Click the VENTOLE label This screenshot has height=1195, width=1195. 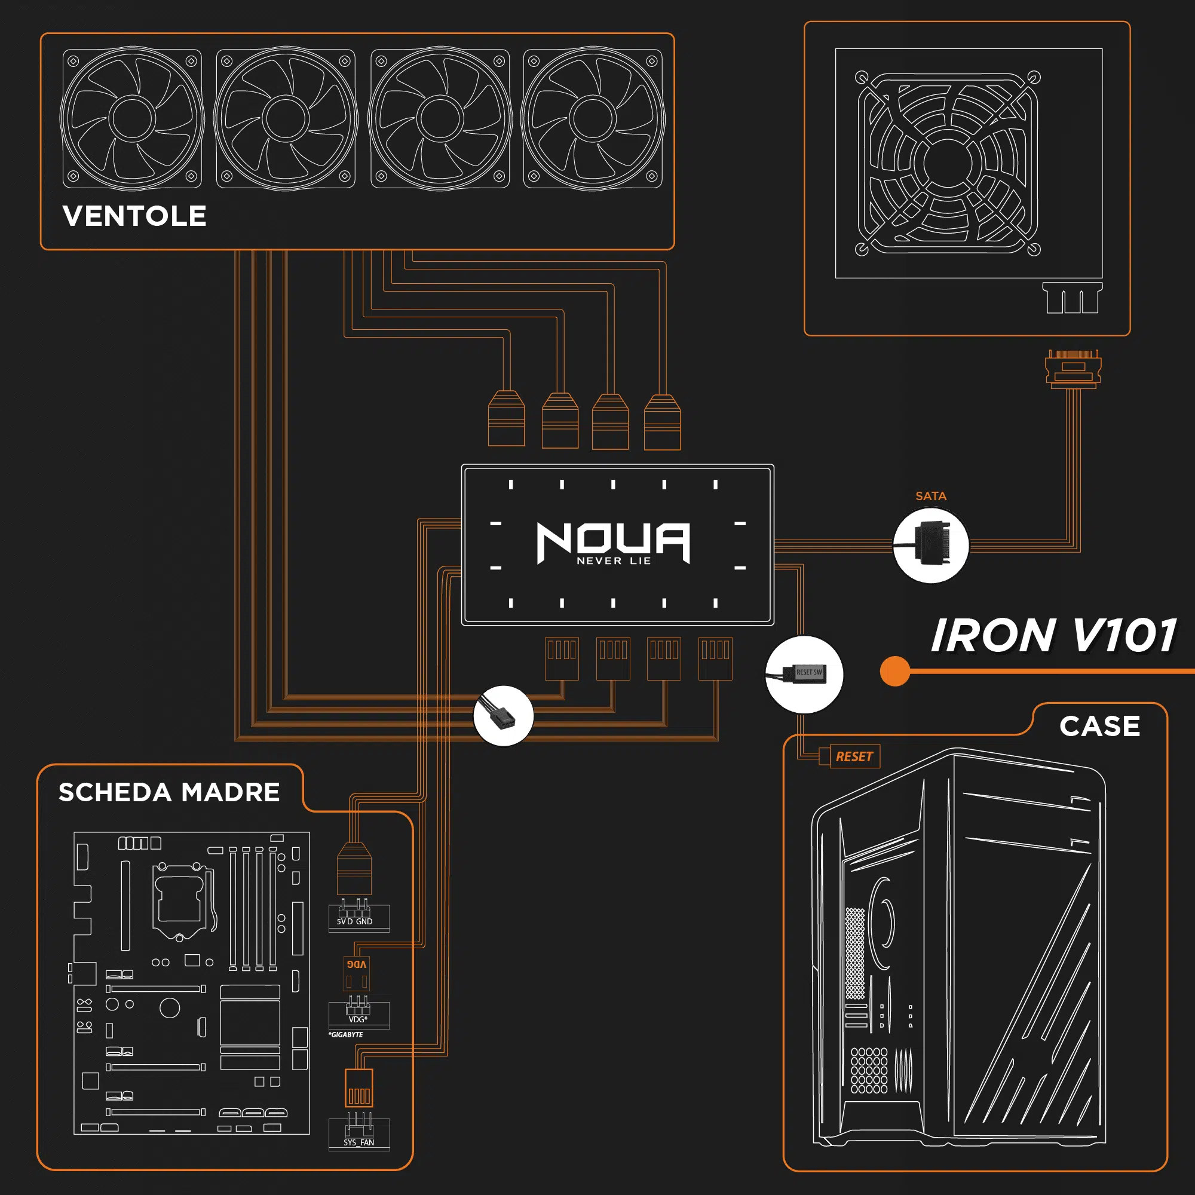[134, 216]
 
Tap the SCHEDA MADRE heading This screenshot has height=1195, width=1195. [169, 792]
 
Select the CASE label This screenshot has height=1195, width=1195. [1099, 726]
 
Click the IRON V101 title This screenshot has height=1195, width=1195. [1053, 636]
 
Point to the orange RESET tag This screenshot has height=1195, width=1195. [854, 756]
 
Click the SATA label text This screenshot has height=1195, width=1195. [930, 496]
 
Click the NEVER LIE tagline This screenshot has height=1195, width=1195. [614, 561]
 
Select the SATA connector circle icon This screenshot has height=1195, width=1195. [931, 545]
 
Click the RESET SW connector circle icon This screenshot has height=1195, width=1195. [804, 673]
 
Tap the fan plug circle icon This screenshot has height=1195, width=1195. [504, 716]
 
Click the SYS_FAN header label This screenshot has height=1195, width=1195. [358, 1142]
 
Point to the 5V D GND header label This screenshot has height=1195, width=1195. [354, 921]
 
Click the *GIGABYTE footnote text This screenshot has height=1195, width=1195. [346, 1035]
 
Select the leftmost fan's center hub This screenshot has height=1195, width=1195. [131, 118]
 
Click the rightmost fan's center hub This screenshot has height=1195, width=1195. [593, 118]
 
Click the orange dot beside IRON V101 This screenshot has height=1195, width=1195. [894, 671]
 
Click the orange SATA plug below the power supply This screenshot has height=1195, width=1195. [1073, 369]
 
